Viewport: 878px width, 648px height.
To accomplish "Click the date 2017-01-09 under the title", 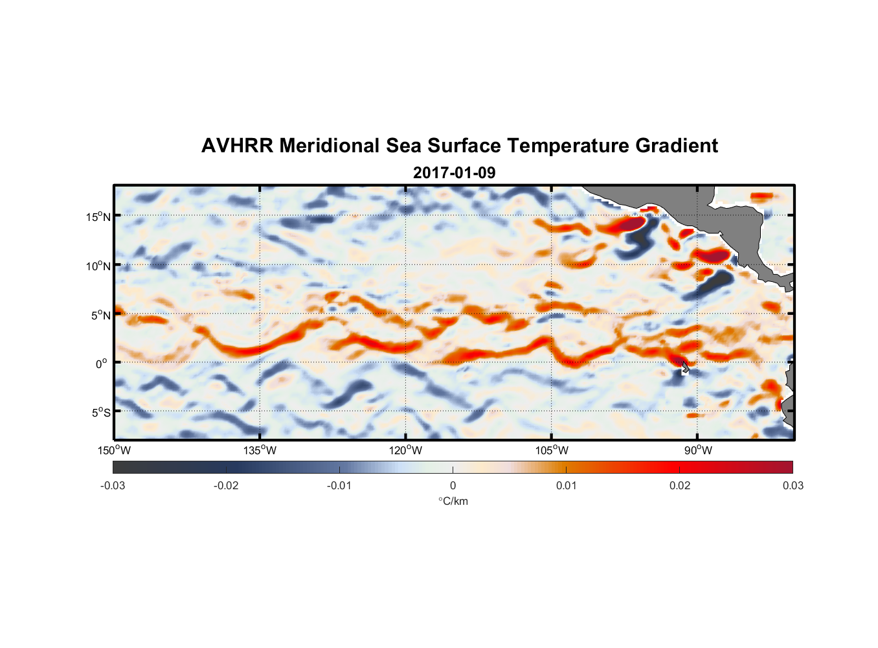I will tap(454, 173).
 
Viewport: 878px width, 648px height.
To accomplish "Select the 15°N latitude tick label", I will tap(98, 216).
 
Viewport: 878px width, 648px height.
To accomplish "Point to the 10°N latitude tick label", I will tap(98, 266).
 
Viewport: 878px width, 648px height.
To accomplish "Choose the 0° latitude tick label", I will tap(102, 364).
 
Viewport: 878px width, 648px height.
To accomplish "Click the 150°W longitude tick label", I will tap(114, 450).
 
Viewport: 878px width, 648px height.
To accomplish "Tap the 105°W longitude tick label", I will tap(552, 450).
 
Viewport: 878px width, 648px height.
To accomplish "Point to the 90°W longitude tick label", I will tap(697, 450).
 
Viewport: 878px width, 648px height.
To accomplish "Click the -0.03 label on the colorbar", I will tap(113, 485).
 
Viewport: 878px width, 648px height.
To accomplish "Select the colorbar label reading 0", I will tap(453, 485).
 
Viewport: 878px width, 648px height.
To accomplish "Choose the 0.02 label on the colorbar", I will tap(680, 485).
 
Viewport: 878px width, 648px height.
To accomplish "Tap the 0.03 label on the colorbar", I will tap(793, 485).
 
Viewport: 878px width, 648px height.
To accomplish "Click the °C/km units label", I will tap(453, 501).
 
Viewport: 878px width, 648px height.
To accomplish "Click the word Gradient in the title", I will tap(677, 146).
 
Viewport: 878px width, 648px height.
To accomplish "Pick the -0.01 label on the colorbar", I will tap(339, 485).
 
